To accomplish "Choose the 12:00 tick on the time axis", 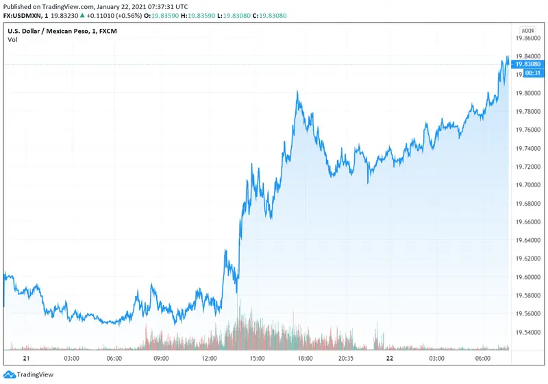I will (x=209, y=358).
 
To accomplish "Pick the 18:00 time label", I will (x=305, y=358).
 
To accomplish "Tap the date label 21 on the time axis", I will (x=27, y=358).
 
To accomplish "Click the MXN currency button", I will (x=527, y=30).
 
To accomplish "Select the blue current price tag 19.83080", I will (x=527, y=64).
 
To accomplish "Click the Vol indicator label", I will (x=12, y=39).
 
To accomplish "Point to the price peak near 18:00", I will (x=297, y=91).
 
